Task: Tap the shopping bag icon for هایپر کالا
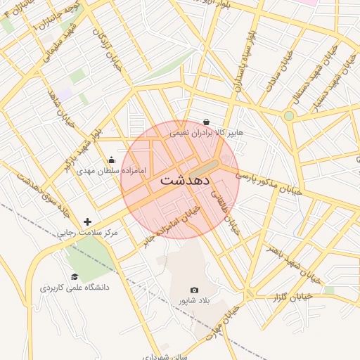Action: click(205, 122)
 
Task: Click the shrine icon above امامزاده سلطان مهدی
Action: click(111, 160)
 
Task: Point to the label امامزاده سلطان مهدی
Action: click(111, 171)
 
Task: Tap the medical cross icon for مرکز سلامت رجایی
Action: click(87, 221)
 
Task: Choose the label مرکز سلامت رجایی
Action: click(89, 232)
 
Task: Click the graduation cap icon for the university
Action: click(75, 277)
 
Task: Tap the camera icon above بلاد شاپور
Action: click(195, 290)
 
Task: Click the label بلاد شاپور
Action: click(195, 300)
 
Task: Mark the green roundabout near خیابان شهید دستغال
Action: click(288, 115)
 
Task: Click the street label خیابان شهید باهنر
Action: click(292, 264)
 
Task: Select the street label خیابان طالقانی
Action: click(233, 214)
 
